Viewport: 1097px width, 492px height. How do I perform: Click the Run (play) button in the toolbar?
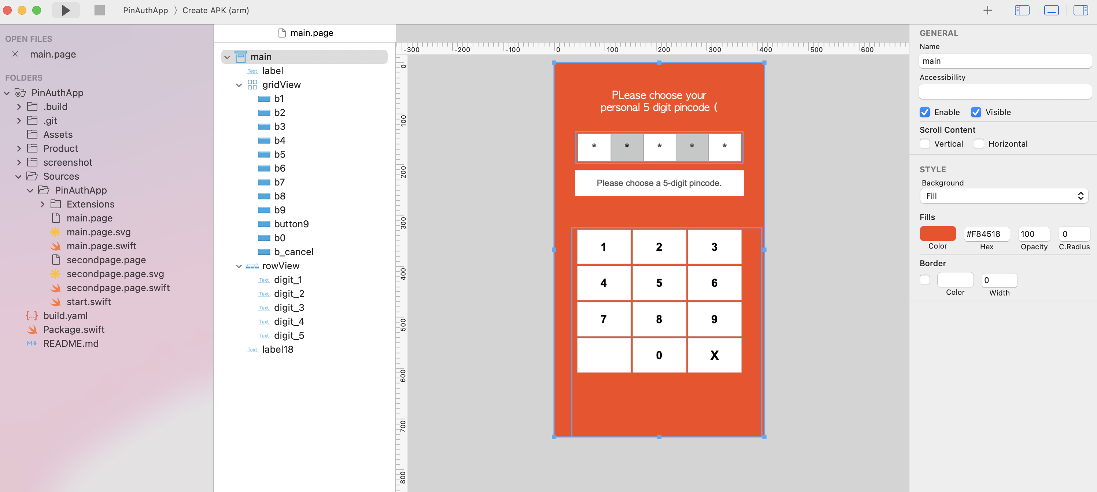coord(66,10)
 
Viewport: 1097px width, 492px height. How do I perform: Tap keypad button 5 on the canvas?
coord(659,283)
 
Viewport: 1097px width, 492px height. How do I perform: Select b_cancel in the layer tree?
coord(293,252)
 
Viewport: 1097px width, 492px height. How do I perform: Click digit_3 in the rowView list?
coord(289,308)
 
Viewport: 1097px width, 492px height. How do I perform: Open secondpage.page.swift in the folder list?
coord(118,288)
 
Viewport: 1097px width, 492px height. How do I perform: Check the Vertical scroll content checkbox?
coord(924,144)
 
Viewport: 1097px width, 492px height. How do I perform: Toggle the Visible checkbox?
coord(976,113)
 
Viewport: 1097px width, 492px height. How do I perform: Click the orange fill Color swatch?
coord(937,234)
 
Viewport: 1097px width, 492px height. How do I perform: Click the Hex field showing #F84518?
coord(986,234)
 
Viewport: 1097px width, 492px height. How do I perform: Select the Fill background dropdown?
coord(1004,196)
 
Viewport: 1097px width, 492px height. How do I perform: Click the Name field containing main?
coord(1005,61)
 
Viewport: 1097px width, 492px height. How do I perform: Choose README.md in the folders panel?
coord(71,343)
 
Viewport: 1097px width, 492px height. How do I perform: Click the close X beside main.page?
coord(15,54)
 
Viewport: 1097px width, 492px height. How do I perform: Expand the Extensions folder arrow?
coord(42,205)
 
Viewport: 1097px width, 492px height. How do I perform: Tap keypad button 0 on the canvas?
coord(659,355)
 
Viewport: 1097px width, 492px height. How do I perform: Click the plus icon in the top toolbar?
coord(987,10)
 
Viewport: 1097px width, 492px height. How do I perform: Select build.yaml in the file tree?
coord(65,316)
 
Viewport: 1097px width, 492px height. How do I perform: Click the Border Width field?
coord(999,280)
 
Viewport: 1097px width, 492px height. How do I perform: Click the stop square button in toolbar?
coord(100,10)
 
